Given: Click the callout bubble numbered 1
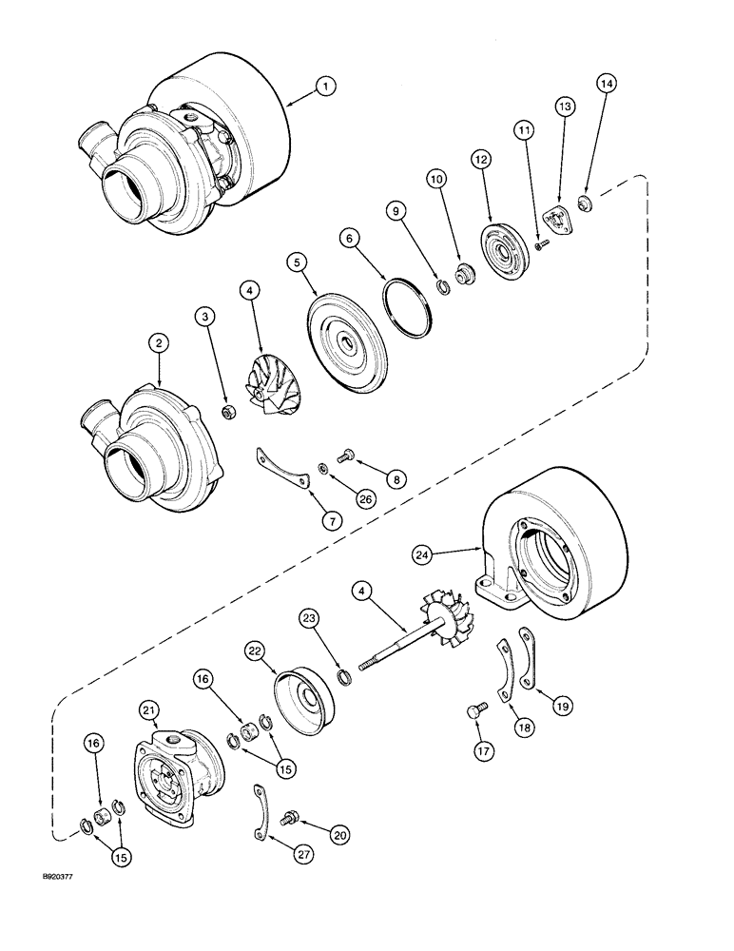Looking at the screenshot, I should click(x=325, y=87).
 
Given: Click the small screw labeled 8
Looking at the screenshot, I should click(x=344, y=459).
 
